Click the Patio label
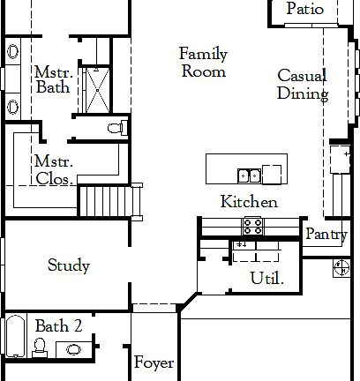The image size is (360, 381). click(x=306, y=10)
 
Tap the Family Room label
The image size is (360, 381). click(x=203, y=63)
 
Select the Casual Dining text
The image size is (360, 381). click(x=302, y=85)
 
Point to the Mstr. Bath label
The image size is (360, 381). click(x=53, y=79)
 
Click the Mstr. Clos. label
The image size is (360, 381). click(x=53, y=169)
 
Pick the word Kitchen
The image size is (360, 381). click(x=249, y=202)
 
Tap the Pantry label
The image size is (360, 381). click(x=326, y=235)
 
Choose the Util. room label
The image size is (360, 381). click(x=267, y=279)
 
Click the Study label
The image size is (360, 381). click(x=69, y=265)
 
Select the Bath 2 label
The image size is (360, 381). click(x=58, y=326)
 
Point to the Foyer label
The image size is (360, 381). click(x=154, y=362)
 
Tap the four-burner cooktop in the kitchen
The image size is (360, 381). click(x=252, y=226)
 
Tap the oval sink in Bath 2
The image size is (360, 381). click(x=73, y=349)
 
